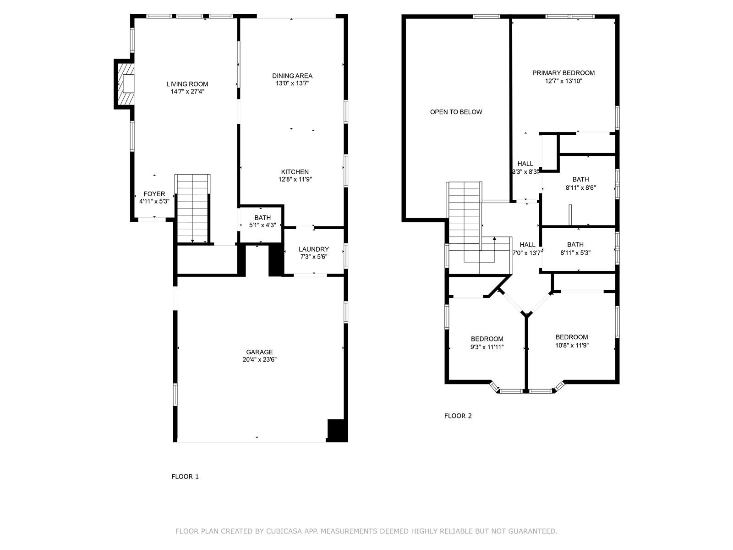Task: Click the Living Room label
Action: (187, 84)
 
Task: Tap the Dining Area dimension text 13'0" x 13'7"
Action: (293, 83)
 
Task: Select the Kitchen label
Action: (295, 172)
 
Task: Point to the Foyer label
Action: (154, 194)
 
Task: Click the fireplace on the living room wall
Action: (125, 84)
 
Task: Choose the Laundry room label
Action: (313, 249)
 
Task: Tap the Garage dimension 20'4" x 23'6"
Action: (259, 360)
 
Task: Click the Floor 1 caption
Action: (185, 477)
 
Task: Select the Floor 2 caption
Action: (458, 416)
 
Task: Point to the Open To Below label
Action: (456, 112)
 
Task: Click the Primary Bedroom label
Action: (563, 73)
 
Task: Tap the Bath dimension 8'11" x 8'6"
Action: (581, 187)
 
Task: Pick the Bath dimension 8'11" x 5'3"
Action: (575, 253)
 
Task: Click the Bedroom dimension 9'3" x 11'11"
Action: (487, 347)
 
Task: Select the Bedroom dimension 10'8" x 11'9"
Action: (572, 345)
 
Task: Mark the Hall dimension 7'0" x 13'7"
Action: (527, 253)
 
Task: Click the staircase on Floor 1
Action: (193, 209)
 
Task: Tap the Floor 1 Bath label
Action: (263, 218)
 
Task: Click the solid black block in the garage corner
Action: (337, 430)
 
